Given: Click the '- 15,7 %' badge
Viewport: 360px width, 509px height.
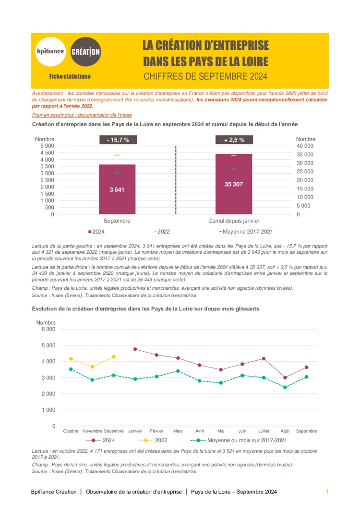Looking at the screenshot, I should pos(118,140).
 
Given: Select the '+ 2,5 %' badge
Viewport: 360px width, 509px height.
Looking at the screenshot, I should pos(234,140).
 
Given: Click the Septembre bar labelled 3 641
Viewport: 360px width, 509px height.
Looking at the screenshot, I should pos(117,189).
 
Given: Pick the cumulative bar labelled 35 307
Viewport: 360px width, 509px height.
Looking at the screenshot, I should pos(234,184).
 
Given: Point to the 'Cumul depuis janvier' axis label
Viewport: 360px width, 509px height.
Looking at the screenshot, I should pos(234,221).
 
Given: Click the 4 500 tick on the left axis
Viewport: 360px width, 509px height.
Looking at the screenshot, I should pos(46,153).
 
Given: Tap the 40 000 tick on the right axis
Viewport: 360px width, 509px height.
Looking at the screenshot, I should pos(305,146).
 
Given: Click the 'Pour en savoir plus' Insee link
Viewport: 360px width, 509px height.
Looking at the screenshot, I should pos(82,115).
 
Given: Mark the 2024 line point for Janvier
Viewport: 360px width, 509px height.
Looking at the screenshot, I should pos(135,349).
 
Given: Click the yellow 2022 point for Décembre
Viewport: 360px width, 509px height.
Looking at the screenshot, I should pos(114,356).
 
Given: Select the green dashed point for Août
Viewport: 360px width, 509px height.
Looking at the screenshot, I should pos(285,387).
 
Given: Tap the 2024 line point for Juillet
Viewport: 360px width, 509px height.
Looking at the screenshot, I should pos(264,358).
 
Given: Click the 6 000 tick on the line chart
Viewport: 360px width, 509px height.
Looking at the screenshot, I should pos(47,329).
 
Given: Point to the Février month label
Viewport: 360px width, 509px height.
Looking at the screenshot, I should pos(156,431).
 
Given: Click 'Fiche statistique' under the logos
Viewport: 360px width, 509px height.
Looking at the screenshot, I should pos(70,76).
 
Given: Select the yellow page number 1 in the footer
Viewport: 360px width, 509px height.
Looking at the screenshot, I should pos(327,492).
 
